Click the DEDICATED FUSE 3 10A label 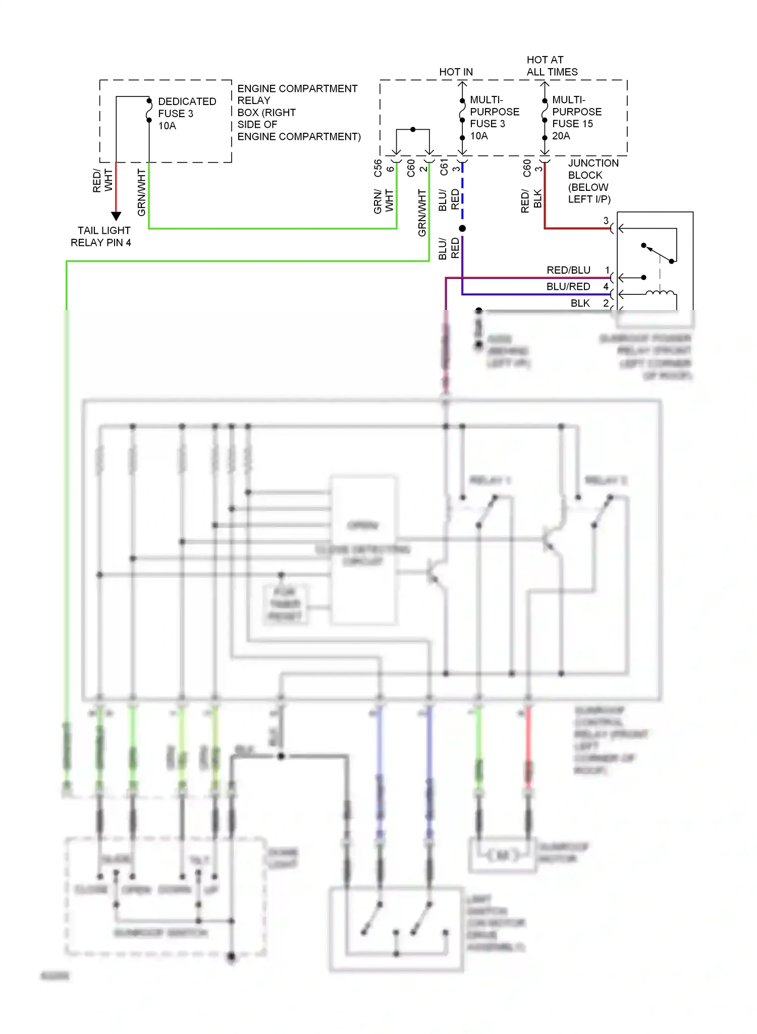pos(186,114)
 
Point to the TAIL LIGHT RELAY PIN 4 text pos(101,236)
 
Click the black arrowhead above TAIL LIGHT pos(116,216)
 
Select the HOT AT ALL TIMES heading pos(552,66)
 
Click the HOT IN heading pos(456,72)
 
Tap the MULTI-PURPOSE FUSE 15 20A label pos(576,118)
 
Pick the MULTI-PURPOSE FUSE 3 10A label pos(494,118)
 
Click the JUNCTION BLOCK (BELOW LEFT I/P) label pos(592,181)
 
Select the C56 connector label pos(377,169)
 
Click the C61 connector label pos(444,167)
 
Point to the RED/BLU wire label pos(568,270)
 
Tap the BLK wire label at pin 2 pos(580,303)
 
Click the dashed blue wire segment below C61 pos(462,192)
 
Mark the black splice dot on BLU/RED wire pos(462,228)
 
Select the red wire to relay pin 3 pos(575,228)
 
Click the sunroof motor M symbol pos(502,855)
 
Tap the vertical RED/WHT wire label pos(102,180)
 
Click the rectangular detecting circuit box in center pos(363,550)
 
